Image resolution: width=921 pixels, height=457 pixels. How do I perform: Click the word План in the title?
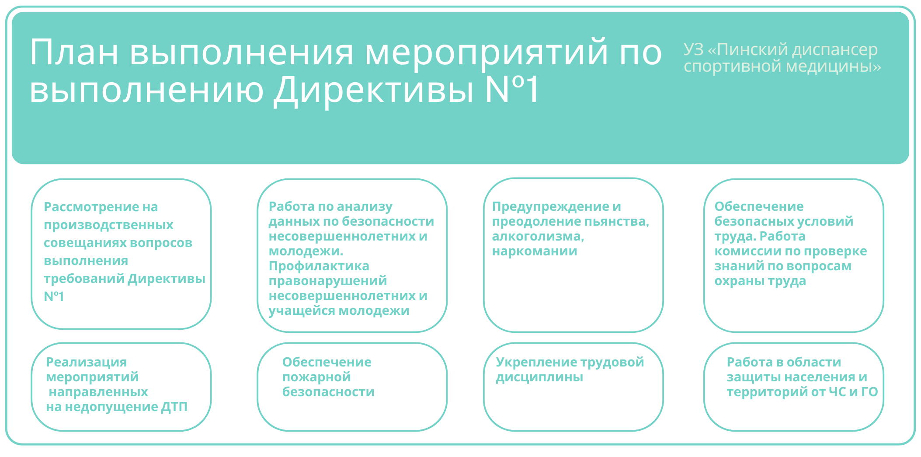pos(73,52)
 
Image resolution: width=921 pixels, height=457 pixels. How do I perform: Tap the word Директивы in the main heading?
pos(373,90)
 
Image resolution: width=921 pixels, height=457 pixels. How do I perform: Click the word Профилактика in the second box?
pos(319,266)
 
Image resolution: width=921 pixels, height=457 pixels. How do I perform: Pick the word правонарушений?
pos(327,281)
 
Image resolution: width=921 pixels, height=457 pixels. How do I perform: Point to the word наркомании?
pos(534,251)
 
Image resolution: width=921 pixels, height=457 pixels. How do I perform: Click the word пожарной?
pos(316,377)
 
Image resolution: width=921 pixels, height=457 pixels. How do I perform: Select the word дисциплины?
pos(539,377)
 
